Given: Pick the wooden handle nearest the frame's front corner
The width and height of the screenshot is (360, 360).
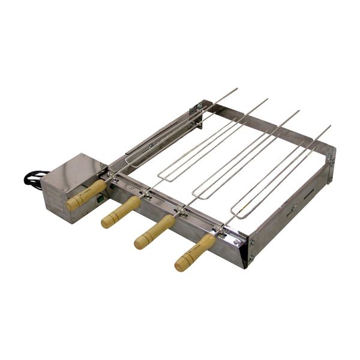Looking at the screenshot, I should (195, 253).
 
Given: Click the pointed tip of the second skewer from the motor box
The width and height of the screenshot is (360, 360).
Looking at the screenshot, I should (266, 100).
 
